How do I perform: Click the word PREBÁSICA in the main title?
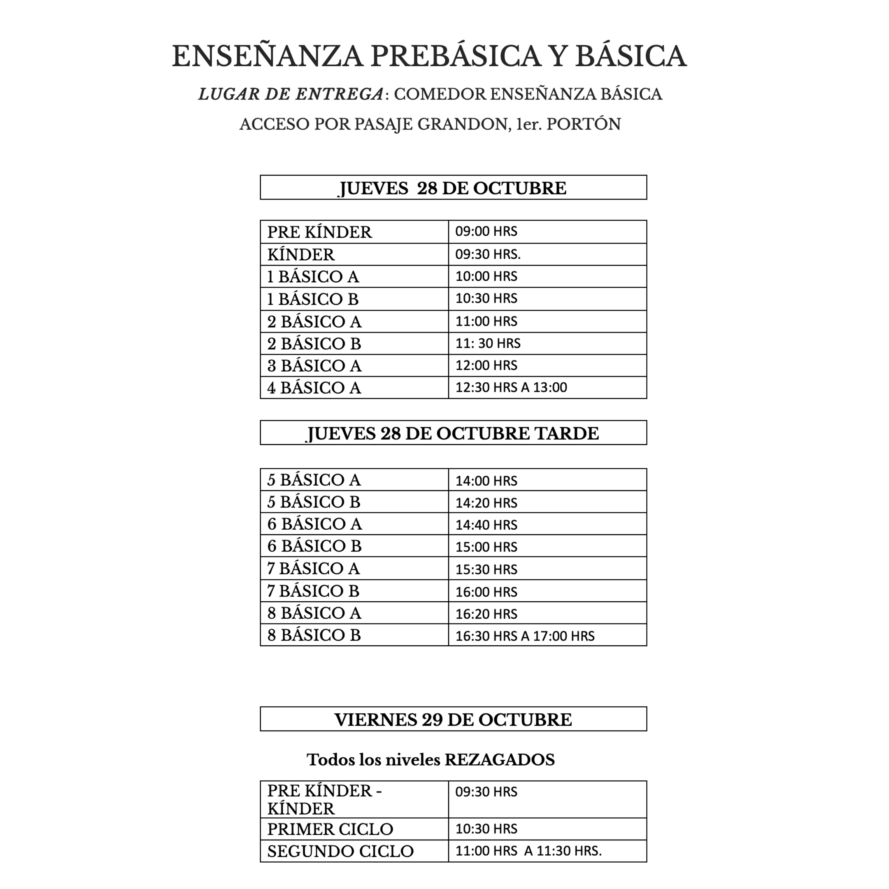(456, 57)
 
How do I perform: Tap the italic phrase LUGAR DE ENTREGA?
(291, 94)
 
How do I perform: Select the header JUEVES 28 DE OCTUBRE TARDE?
(453, 433)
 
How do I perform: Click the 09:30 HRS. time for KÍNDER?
(488, 254)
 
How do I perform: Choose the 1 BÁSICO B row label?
(313, 300)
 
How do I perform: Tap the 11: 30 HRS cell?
(488, 343)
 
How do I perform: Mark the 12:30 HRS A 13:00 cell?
(511, 387)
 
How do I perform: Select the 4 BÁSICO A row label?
(314, 388)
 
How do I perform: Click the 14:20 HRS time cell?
(486, 503)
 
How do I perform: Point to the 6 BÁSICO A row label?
(315, 524)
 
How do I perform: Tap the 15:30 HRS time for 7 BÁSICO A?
(486, 570)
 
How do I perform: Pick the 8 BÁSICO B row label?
(314, 635)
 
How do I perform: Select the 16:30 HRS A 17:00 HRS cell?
(525, 636)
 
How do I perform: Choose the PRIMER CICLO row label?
(330, 829)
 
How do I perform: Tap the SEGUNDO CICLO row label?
(340, 851)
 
